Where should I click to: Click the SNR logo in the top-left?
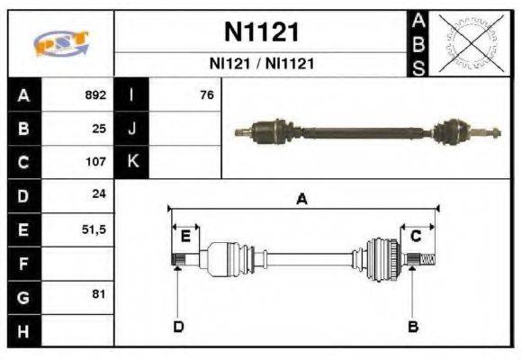tap(61, 43)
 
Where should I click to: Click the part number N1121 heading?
tap(261, 32)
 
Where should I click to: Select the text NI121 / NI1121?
tap(261, 64)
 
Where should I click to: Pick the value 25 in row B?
tap(100, 129)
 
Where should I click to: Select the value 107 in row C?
tap(95, 163)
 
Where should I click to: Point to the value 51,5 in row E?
tap(94, 229)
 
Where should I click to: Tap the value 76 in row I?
tap(207, 94)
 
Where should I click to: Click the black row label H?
tap(22, 331)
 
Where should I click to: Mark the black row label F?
tap(22, 264)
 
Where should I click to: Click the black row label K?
tap(131, 163)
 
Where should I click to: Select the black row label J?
tap(131, 129)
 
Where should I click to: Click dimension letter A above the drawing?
tap(301, 200)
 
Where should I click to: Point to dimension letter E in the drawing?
tap(185, 236)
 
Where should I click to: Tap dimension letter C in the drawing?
tap(416, 236)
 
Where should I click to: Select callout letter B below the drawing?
tap(413, 326)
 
